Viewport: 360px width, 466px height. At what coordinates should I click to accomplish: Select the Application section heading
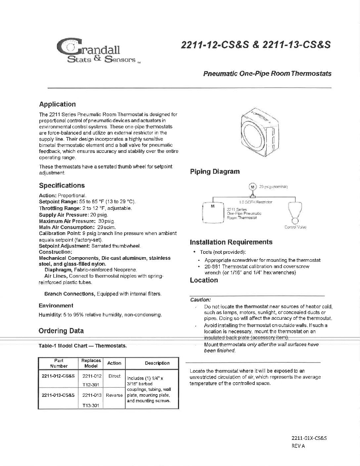point(57,104)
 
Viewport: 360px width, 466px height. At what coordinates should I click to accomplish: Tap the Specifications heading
point(62,185)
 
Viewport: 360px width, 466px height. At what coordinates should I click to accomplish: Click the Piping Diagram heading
point(215,172)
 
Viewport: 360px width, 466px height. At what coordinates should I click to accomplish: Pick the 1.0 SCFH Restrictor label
point(256,202)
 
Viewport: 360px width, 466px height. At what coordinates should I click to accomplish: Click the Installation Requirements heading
point(231,242)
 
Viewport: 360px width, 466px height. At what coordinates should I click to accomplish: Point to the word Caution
point(200,300)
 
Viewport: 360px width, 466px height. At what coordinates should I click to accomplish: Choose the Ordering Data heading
point(61,331)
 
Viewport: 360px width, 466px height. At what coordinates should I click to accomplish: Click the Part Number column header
point(59,363)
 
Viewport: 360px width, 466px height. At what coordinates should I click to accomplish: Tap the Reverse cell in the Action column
point(114,395)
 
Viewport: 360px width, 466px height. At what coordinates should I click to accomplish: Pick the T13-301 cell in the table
point(91,405)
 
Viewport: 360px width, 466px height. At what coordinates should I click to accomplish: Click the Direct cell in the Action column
point(114,376)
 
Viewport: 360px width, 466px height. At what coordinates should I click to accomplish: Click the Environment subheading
point(56,305)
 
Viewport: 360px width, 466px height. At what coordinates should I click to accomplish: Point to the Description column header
point(157,363)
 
